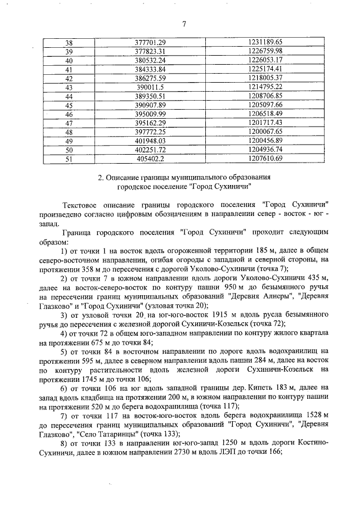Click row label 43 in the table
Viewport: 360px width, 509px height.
point(69,87)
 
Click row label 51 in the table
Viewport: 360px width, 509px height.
point(69,159)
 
